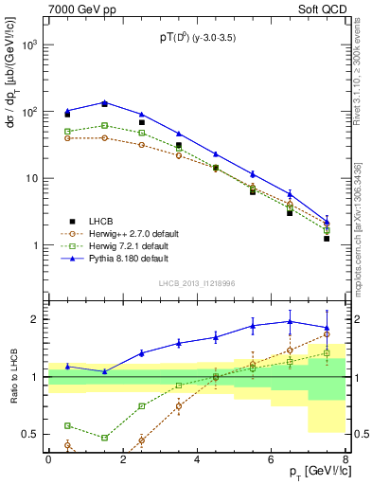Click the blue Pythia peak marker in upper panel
click(x=104, y=102)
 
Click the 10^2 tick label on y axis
click(x=31, y=112)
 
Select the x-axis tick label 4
click(x=197, y=459)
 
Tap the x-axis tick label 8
click(x=345, y=459)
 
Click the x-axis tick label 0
click(x=48, y=459)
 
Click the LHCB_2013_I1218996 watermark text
click(x=197, y=282)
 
